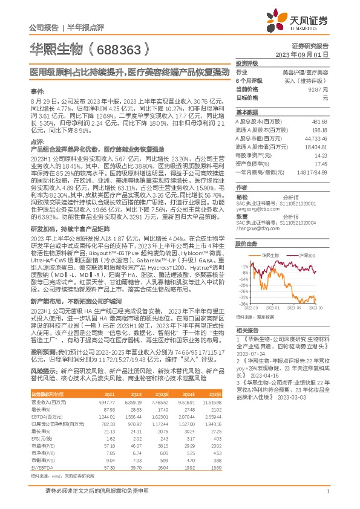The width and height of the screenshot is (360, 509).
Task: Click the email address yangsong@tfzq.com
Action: pyautogui.click(x=256, y=207)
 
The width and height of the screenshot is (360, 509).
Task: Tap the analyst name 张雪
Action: pyautogui.click(x=242, y=216)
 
